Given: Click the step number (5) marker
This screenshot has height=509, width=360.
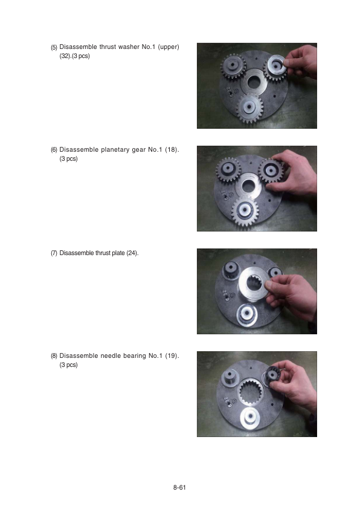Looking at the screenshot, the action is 54,47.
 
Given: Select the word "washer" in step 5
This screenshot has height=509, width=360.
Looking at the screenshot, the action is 129,47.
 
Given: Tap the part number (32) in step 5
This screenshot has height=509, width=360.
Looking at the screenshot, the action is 65,56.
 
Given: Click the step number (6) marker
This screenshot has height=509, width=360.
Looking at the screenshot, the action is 54,150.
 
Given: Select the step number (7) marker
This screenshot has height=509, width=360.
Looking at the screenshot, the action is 54,253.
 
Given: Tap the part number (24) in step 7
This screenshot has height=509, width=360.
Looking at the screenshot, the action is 132,253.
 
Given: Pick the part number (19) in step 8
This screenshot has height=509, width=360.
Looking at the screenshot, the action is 172,356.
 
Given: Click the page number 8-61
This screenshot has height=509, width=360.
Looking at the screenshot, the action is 179,487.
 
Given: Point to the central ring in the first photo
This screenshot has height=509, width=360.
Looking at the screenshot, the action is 254,82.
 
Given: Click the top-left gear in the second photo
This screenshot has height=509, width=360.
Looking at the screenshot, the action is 229,169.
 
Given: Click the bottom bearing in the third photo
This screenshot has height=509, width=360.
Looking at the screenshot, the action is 247,314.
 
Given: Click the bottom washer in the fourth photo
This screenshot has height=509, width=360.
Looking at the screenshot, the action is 250,417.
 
